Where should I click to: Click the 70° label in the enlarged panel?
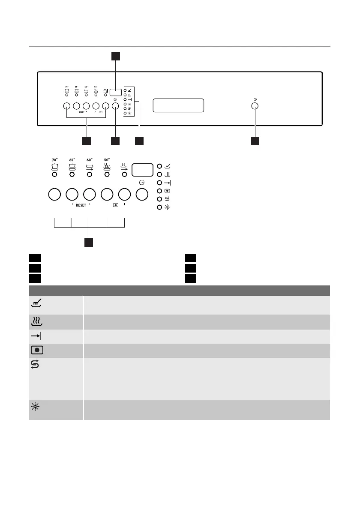54,159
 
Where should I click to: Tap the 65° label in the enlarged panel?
72,159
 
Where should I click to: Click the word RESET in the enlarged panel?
80,205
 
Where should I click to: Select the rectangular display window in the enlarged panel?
142,170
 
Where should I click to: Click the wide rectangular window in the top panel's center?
178,105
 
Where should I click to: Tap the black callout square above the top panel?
116,56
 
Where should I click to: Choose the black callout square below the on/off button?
255,141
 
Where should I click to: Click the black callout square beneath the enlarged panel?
89,243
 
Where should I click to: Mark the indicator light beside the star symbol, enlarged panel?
159,207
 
